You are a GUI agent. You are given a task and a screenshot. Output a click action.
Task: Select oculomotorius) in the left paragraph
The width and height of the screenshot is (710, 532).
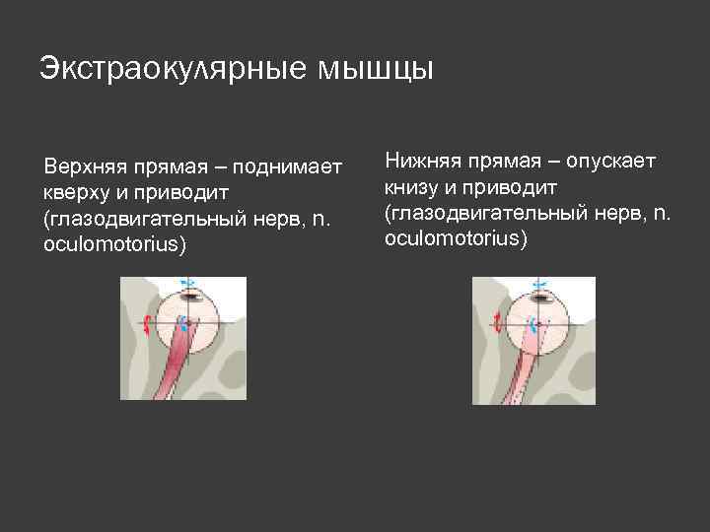[114, 243]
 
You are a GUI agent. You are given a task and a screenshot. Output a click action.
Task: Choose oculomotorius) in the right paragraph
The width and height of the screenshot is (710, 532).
[457, 238]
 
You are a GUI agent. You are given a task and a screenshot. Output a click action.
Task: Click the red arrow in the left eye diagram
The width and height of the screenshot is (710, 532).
[146, 324]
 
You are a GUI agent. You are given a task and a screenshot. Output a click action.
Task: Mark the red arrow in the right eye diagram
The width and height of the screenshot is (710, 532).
[498, 322]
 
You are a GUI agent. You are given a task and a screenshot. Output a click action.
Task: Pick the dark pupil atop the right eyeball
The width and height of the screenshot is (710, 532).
[539, 296]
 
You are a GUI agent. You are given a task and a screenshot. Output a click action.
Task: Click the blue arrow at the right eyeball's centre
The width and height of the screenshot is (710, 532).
[532, 324]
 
